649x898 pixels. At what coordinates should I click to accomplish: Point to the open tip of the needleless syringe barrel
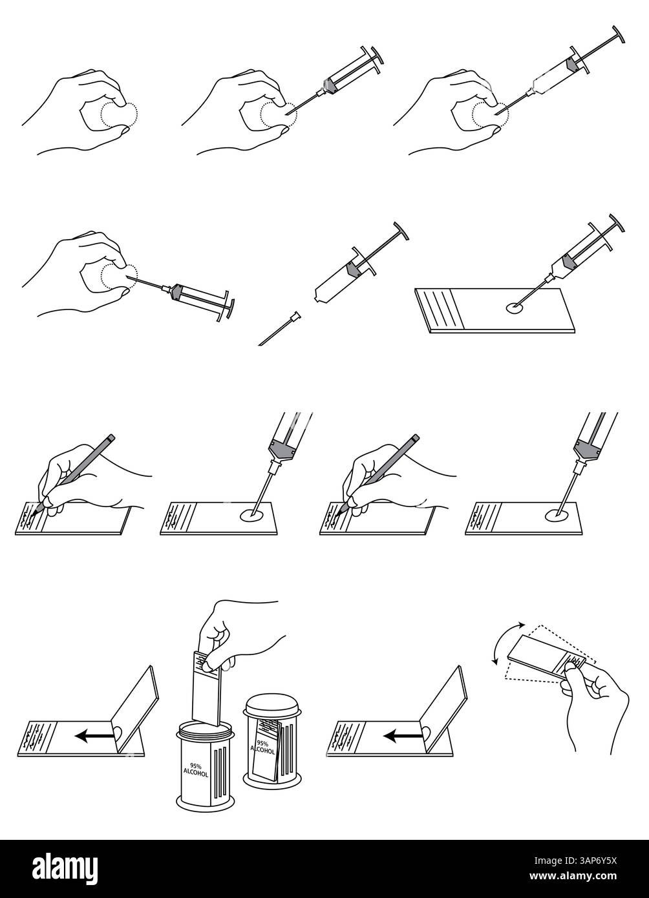pos(316,300)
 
